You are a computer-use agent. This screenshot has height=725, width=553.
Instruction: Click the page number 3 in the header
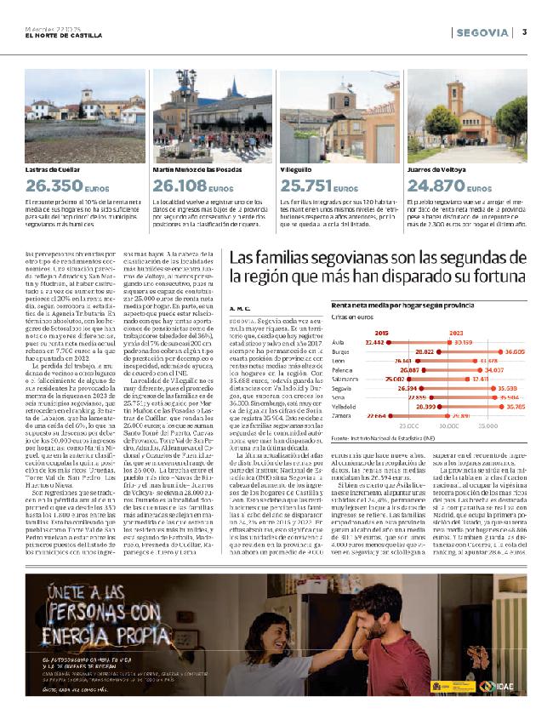coord(525,32)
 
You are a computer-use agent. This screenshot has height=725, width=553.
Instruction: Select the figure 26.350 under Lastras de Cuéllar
coord(54,184)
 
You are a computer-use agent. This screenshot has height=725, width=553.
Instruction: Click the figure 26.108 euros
coord(181,184)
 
